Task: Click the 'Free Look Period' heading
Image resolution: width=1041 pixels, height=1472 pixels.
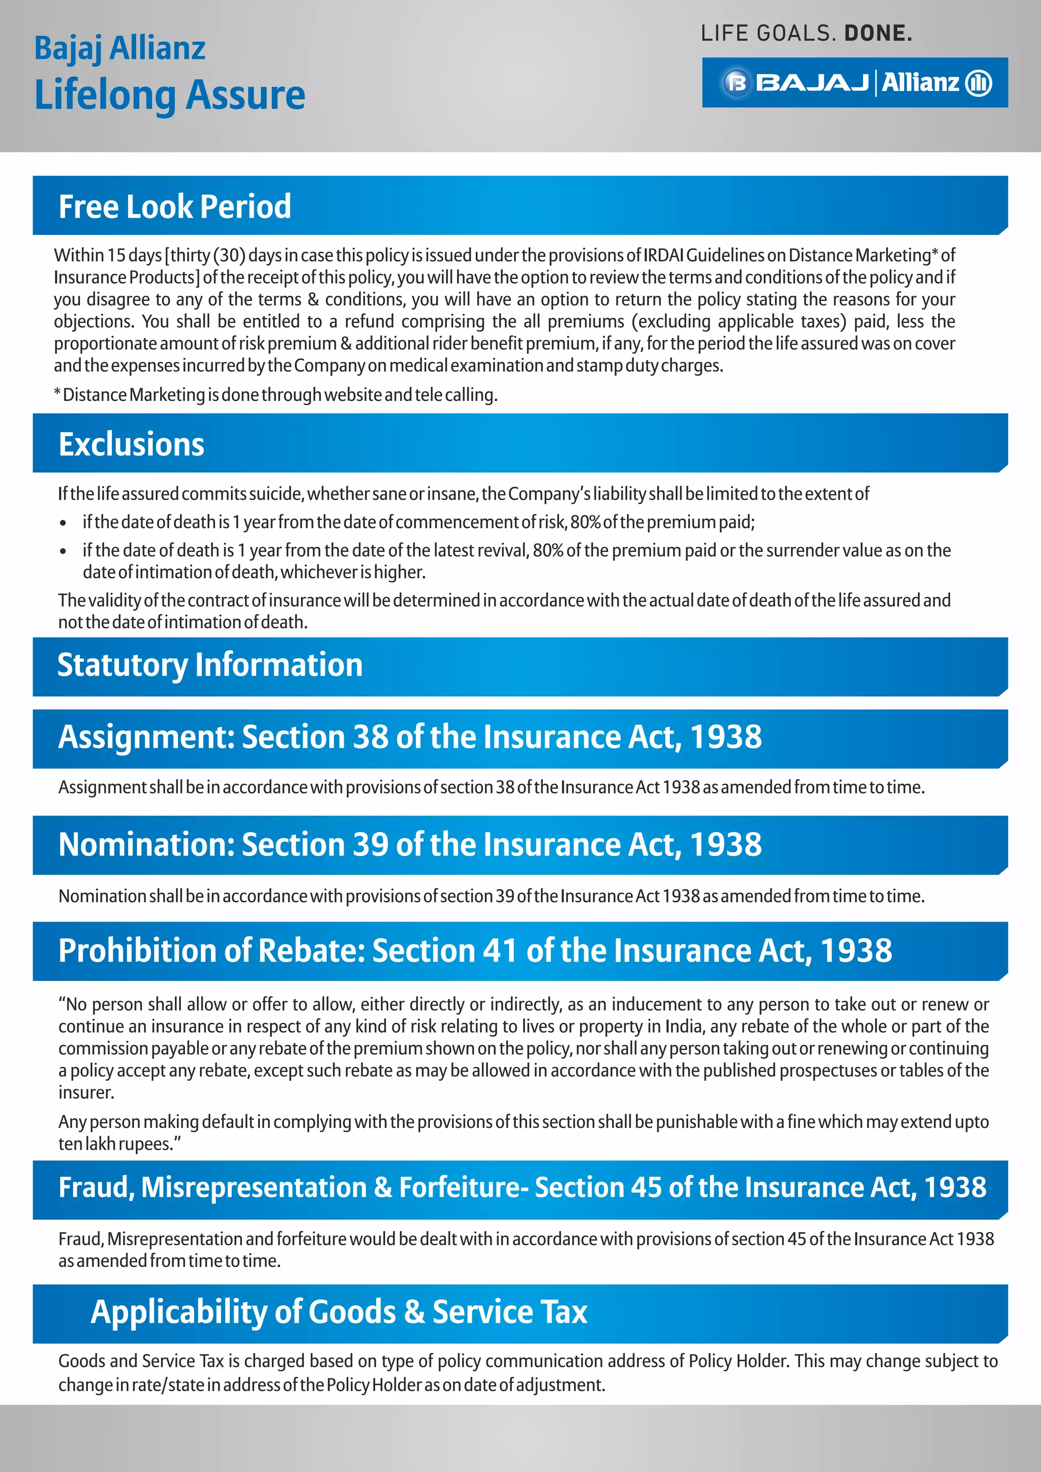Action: pos(174,206)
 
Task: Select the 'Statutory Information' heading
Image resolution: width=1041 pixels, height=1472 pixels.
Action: pos(209,665)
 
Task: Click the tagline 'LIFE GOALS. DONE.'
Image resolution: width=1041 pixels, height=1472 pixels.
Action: pos(806,34)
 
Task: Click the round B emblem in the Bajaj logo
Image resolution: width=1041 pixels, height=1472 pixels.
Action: pos(737,83)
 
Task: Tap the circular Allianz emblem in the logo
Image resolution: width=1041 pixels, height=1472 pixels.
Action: pos(978,83)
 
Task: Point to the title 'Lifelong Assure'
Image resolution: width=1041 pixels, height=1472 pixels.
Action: pos(169,95)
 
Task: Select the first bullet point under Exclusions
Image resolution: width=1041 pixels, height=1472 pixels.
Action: pos(63,523)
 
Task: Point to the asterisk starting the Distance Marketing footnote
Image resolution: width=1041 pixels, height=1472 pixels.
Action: pos(57,393)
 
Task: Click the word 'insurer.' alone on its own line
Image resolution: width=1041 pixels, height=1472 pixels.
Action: pos(86,1092)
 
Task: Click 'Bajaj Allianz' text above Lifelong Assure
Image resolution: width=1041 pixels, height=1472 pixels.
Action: pos(119,49)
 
